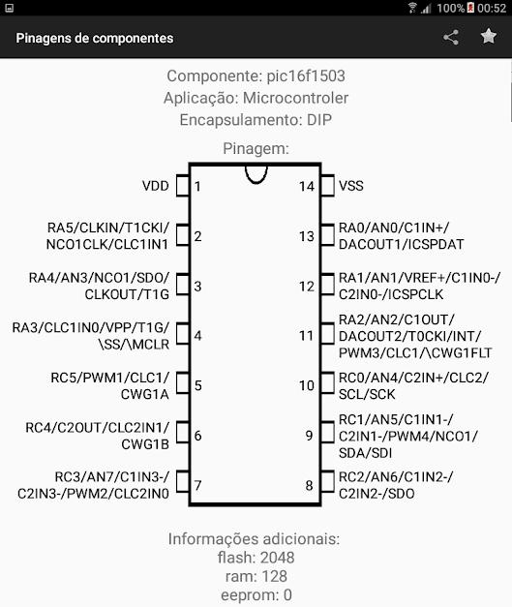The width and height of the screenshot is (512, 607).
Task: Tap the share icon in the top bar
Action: (451, 38)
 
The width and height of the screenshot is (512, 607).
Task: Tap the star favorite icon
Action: (489, 37)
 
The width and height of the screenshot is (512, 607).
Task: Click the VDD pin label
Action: (156, 186)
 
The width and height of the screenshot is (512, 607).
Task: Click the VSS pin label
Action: (351, 186)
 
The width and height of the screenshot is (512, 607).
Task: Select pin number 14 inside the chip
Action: (307, 187)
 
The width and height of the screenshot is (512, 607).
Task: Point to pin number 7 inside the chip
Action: (197, 485)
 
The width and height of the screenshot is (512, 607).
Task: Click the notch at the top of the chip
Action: (256, 176)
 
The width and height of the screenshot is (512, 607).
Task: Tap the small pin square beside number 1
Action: (183, 186)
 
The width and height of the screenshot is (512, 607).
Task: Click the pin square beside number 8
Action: (327, 481)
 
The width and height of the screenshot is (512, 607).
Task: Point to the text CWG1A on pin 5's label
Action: (145, 394)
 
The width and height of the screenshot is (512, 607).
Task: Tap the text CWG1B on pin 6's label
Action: (145, 444)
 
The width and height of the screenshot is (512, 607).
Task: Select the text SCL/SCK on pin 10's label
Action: (367, 394)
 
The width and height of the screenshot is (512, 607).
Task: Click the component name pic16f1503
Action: (306, 76)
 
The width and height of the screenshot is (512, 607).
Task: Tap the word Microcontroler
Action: (295, 98)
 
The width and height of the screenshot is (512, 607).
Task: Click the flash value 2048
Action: (278, 558)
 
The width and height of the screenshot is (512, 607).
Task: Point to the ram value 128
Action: (274, 576)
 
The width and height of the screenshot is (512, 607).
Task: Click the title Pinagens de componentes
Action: (95, 39)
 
